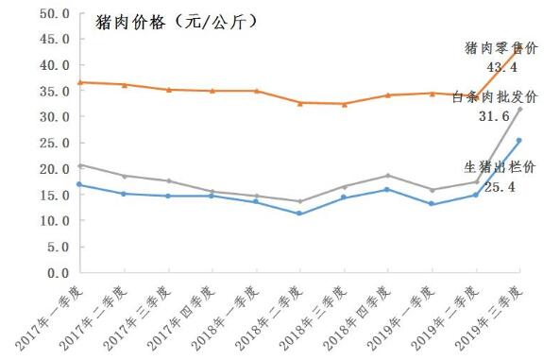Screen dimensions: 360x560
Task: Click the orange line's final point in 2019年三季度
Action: (x=520, y=47)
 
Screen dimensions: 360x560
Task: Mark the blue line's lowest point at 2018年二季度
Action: (x=299, y=214)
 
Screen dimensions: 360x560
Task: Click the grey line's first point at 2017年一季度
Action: (x=79, y=165)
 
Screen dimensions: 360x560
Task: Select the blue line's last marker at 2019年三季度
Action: (x=519, y=141)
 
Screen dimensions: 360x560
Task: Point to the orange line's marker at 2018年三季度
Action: (x=344, y=104)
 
